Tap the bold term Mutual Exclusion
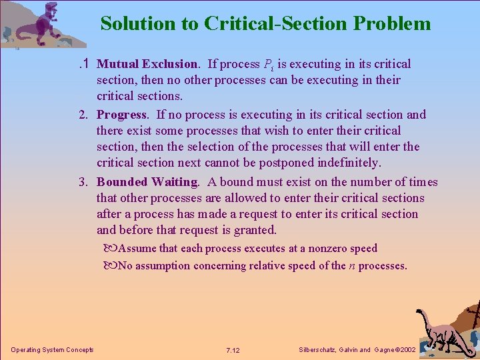point(147,64)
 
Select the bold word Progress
point(121,115)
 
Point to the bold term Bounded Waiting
point(147,182)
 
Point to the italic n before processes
point(351,265)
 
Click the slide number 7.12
point(233,350)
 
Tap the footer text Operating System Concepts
point(52,350)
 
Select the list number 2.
point(84,115)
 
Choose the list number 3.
point(84,182)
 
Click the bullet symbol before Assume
point(110,249)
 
